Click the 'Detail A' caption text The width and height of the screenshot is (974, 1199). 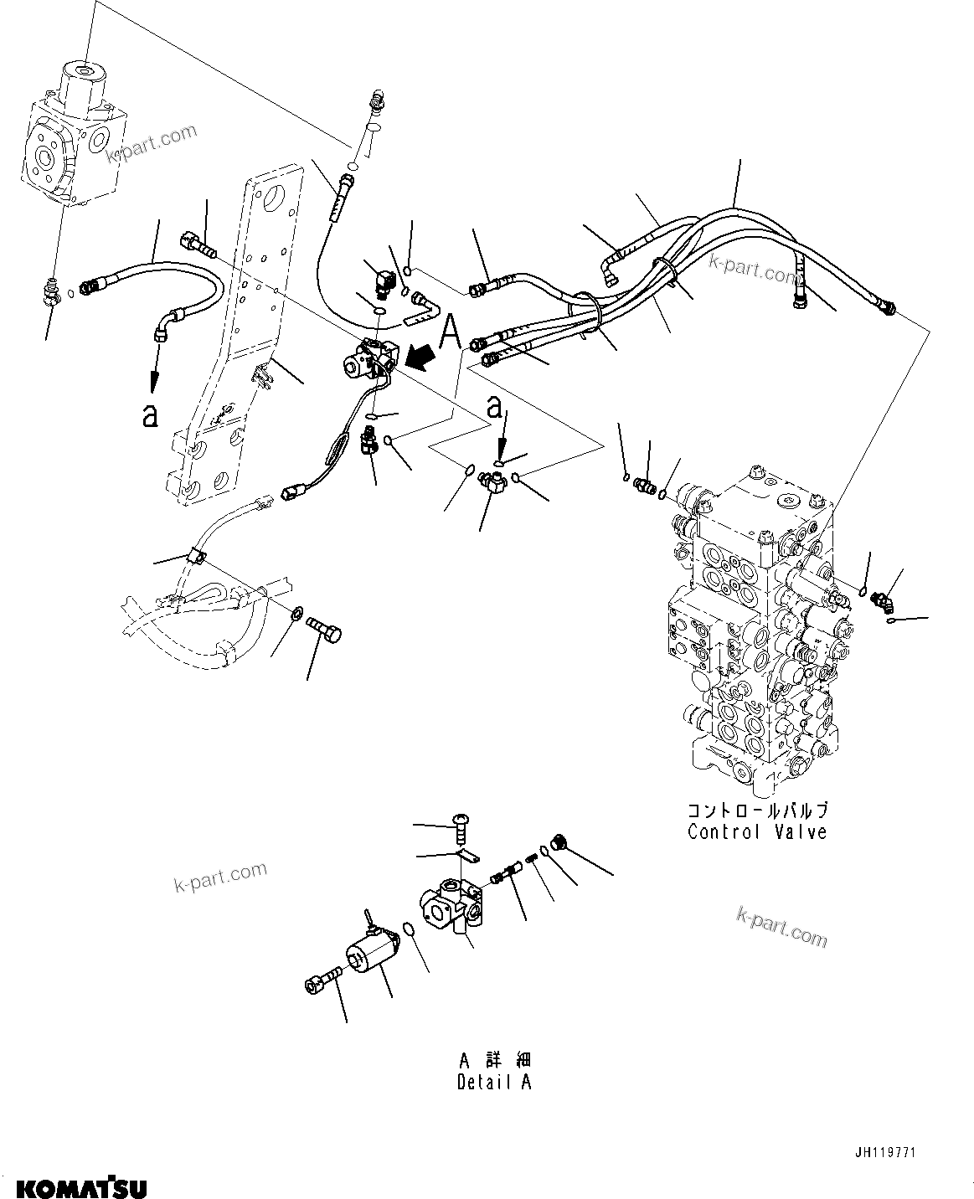pos(494,1082)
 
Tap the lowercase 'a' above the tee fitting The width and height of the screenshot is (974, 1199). pos(495,409)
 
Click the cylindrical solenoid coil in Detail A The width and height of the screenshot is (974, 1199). pos(374,956)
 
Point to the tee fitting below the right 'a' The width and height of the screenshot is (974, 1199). pos(491,482)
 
